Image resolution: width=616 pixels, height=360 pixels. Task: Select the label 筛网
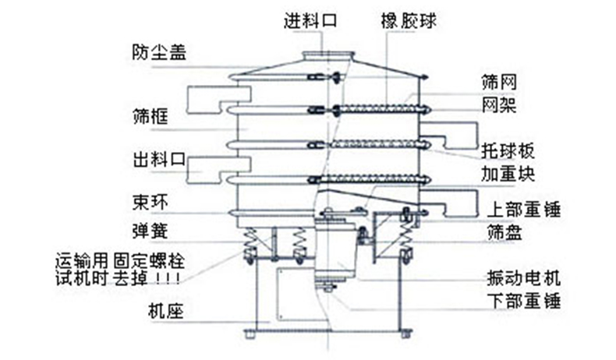[x=499, y=80]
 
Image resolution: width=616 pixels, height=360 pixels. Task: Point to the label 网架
[x=499, y=104]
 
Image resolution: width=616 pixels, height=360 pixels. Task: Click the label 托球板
[x=508, y=148]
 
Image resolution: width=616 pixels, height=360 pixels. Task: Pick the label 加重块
[x=508, y=171]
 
